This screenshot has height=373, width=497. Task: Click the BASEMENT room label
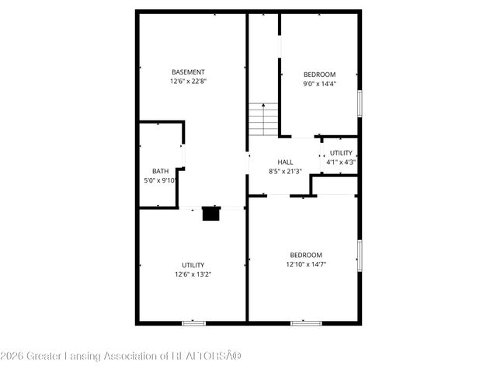pos(188,72)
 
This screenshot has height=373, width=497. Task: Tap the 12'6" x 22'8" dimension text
pos(188,81)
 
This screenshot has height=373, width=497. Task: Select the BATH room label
pos(160,171)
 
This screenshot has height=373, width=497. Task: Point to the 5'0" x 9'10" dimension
pos(161,180)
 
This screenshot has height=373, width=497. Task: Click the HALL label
pos(285,162)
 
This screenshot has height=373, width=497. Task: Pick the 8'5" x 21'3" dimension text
pos(285,171)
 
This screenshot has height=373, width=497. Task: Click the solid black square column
pos(210,213)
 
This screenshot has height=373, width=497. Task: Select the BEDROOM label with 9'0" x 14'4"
pos(319,75)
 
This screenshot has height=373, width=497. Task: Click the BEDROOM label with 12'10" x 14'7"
pos(306,255)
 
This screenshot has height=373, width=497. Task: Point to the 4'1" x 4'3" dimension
pos(341,162)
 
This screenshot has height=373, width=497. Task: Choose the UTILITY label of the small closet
pos(341,153)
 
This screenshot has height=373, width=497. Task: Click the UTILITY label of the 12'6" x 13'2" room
pos(193,265)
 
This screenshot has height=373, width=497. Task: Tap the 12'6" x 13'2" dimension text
pos(193,274)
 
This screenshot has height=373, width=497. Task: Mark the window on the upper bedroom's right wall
pos(360,103)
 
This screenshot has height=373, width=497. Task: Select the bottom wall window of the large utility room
pos(193,322)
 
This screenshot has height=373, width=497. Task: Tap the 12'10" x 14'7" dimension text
pos(306,264)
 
